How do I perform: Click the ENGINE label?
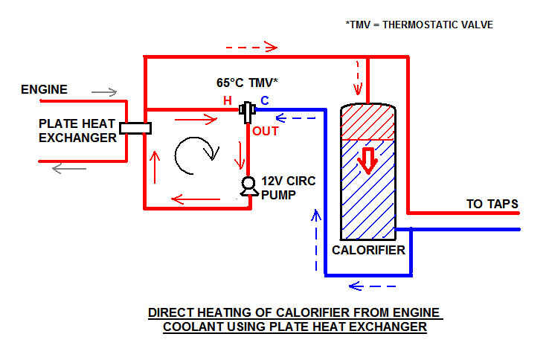pos(44,90)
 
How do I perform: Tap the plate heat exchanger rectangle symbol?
pos(135,128)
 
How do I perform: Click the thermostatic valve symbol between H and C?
pos(248,112)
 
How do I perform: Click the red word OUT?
pos(265,132)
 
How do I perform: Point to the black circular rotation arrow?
pos(196,153)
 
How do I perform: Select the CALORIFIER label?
pos(368,250)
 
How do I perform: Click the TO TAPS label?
pos(492,204)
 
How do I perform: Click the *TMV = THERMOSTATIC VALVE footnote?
pos(419,25)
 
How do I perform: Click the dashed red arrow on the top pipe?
pos(251,47)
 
